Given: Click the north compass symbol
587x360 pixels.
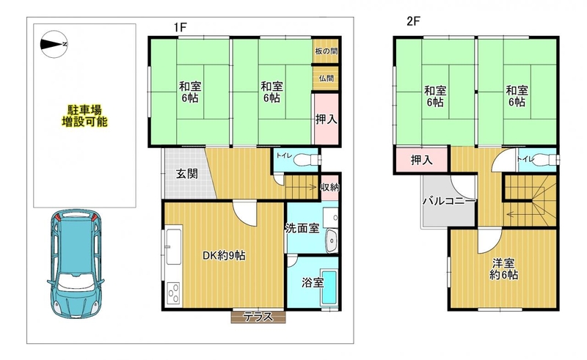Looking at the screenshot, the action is [54, 44].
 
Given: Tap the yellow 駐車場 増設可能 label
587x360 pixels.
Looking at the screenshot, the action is [84, 116].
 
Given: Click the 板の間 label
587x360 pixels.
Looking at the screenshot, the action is [326, 51].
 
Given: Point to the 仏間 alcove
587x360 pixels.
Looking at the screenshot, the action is [326, 78].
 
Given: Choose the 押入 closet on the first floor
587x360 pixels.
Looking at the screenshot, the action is [326, 119].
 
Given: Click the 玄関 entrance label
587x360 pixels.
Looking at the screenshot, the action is [187, 174].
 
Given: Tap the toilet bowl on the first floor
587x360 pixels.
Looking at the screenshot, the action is [307, 160].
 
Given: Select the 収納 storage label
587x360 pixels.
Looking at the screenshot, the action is [329, 187].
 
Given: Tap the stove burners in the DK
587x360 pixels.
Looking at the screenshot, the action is [173, 293].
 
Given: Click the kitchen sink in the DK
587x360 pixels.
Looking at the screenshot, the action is [174, 246].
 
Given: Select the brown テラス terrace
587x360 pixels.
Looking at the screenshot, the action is [258, 317].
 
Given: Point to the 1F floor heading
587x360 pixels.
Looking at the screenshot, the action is [180, 27].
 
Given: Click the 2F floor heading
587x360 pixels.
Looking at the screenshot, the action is [413, 21].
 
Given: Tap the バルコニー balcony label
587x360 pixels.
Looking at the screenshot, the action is [449, 202].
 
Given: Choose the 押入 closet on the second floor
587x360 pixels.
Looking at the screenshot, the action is [421, 160].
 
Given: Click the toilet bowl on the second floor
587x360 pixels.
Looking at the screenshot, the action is [546, 160].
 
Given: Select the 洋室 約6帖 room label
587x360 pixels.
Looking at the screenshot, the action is [503, 268].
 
